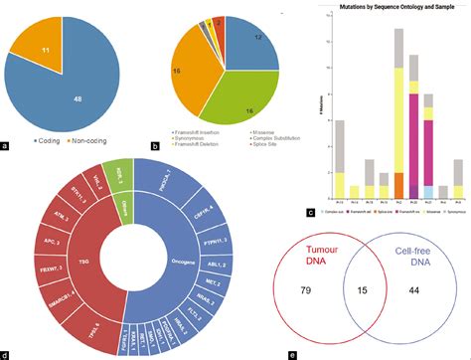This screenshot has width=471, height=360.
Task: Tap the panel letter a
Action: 7,147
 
